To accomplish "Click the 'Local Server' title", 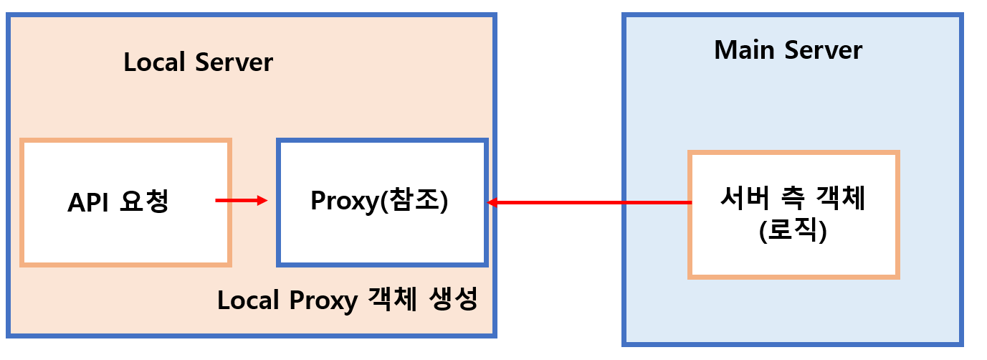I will [198, 62].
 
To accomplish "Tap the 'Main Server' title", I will [788, 50].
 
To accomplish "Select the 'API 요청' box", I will [125, 203].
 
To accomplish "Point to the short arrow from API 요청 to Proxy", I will [241, 201].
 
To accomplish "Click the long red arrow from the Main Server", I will [588, 203].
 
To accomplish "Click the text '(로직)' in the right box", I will [793, 232].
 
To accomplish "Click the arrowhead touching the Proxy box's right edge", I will [493, 203].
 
